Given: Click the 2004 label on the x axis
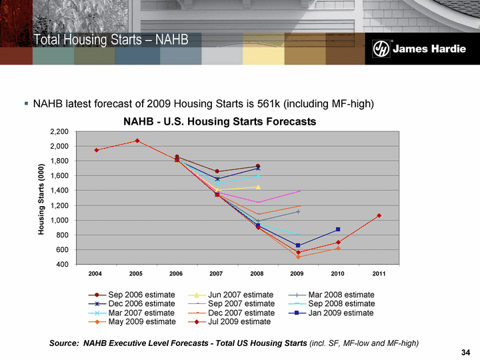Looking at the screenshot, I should click(96, 275).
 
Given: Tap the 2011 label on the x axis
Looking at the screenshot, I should click(379, 275).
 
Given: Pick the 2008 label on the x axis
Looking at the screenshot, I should click(257, 275).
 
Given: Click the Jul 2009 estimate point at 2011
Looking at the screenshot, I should click(379, 215).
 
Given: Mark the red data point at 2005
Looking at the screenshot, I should click(137, 141).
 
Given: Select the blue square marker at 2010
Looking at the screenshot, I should click(338, 229).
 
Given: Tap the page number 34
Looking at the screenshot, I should click(467, 352).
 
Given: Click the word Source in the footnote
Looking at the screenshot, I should click(65, 343).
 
